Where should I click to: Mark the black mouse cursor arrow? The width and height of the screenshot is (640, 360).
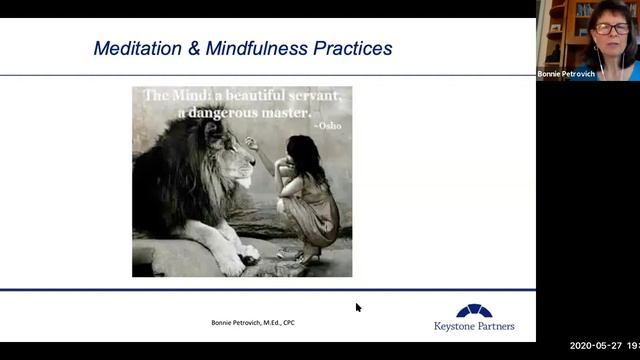pos(358,308)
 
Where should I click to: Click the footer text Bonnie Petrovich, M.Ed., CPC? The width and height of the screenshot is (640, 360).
pos(252,322)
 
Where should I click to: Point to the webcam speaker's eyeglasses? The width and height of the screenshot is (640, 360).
pos(612,30)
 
